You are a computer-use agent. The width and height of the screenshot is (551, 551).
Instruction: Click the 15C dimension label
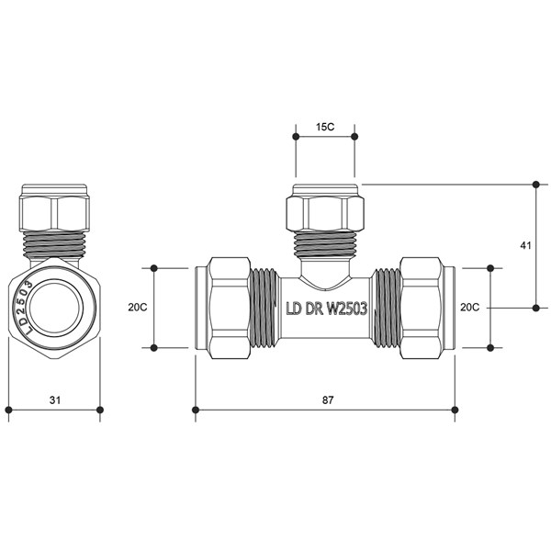[325, 127]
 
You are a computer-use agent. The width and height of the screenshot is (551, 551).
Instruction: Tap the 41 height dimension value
[525, 245]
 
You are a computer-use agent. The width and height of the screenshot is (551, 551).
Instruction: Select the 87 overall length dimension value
[328, 399]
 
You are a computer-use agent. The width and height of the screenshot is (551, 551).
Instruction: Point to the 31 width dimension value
[55, 399]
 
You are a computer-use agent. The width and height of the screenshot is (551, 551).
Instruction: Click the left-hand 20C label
[138, 308]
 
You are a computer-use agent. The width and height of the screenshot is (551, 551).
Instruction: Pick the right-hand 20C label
[470, 308]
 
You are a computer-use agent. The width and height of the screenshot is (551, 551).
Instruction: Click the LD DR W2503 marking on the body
[327, 309]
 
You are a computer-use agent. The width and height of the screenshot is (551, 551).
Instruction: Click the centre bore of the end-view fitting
[54, 308]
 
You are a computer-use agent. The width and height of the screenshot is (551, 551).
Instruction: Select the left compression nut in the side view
[229, 308]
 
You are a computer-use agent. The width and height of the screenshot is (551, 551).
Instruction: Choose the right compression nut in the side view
[421, 308]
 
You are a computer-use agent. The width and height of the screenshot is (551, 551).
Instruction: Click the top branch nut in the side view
[325, 212]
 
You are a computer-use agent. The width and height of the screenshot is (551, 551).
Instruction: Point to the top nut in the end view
[54, 212]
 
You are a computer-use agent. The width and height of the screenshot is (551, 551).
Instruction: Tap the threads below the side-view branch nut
[325, 244]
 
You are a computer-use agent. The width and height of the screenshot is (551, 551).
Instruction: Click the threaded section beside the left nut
[264, 308]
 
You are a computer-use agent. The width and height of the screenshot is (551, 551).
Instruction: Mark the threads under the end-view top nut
[54, 244]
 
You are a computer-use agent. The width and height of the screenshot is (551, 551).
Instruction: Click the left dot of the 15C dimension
[296, 136]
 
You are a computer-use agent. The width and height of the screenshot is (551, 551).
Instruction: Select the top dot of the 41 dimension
[536, 185]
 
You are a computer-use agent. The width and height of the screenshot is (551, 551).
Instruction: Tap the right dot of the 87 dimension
[455, 410]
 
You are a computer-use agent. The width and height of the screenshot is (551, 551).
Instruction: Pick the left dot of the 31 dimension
[9, 410]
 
